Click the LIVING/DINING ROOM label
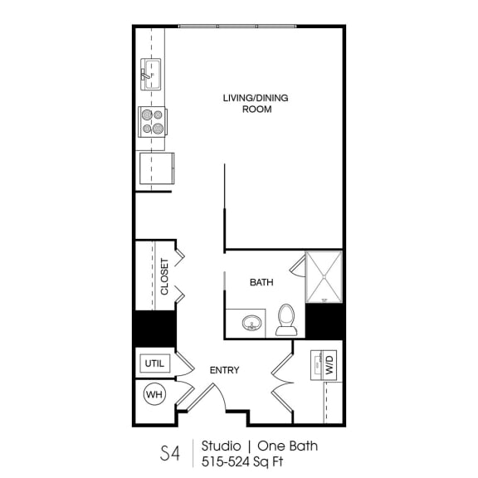point(255,103)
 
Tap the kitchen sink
point(152,74)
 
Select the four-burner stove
point(152,121)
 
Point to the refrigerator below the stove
point(155,169)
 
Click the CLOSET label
point(164,276)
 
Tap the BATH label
point(261,283)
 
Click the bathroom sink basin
point(251,322)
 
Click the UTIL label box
point(155,363)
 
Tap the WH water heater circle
point(154,395)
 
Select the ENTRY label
point(224,370)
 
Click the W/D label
point(329,366)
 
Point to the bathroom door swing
point(298,265)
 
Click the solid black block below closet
point(155,328)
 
